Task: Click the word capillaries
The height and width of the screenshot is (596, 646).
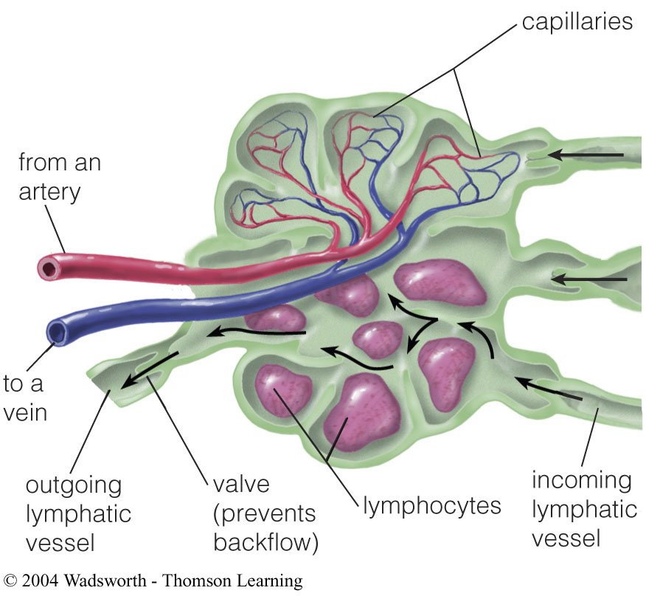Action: point(577,21)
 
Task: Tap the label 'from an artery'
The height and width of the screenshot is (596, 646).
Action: point(59,177)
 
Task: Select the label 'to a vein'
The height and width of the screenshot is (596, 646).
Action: point(25,398)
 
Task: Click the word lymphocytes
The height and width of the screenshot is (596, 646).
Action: point(432,506)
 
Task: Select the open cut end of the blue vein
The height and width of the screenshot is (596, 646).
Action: point(57,333)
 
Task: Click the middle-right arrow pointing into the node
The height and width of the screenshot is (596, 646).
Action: point(590,279)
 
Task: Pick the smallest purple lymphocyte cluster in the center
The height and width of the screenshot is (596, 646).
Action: point(378,339)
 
